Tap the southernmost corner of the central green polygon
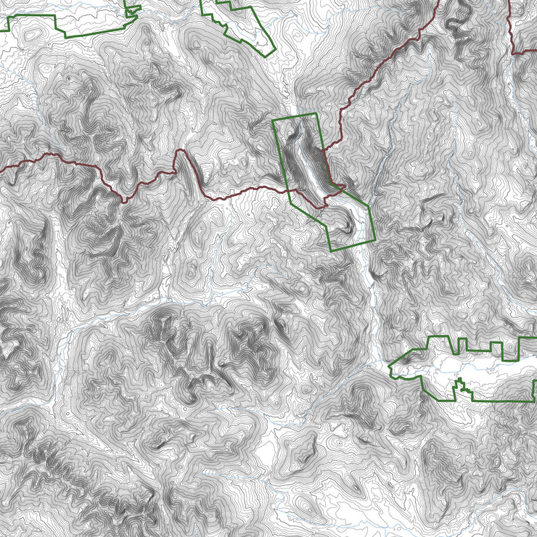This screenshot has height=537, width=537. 332,251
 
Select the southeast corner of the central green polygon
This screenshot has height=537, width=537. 375,239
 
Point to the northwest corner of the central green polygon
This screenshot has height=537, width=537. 273,120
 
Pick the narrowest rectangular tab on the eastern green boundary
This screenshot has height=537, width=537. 459,343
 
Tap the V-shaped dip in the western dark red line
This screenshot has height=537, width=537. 125,199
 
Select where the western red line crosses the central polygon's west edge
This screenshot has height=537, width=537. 287,191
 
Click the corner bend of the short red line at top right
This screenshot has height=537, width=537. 513,52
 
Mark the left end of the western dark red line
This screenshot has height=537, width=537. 1,171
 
